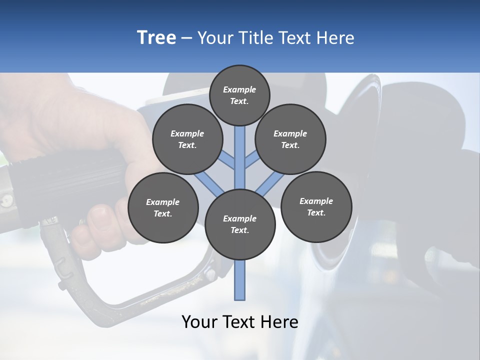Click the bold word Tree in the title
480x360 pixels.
pyautogui.click(x=156, y=37)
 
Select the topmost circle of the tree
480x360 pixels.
pyautogui.click(x=239, y=95)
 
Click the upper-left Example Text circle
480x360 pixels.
pyautogui.click(x=187, y=139)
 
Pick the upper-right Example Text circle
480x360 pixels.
pyautogui.click(x=290, y=139)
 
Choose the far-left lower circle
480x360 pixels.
pyautogui.click(x=163, y=208)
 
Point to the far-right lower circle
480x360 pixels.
pyautogui.click(x=316, y=206)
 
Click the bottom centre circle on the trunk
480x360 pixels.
pyautogui.click(x=240, y=224)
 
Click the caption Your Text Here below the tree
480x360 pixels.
pyautogui.click(x=240, y=322)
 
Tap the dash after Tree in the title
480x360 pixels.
pyautogui.click(x=186, y=38)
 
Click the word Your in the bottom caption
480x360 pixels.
pyautogui.click(x=199, y=322)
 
